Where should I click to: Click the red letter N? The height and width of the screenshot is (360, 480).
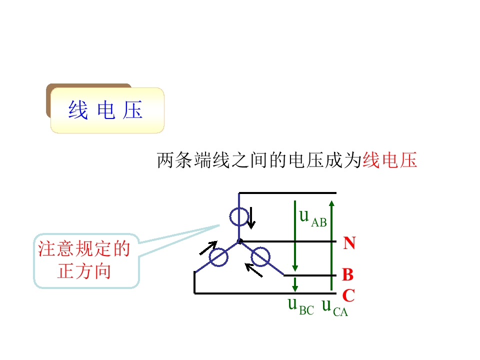click(349, 243)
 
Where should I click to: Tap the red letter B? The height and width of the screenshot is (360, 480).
click(348, 274)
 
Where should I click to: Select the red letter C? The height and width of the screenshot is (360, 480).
click(348, 295)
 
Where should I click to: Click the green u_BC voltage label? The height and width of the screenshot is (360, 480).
click(301, 306)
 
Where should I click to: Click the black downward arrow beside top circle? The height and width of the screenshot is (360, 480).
click(251, 218)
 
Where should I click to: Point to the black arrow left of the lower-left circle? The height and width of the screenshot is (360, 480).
click(208, 247)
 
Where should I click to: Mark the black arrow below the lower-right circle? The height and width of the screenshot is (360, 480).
click(254, 270)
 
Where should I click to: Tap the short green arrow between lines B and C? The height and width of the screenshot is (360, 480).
click(295, 284)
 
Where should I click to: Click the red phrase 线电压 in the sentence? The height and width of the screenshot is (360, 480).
click(389, 160)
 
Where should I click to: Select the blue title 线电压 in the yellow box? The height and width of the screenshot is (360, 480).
click(105, 110)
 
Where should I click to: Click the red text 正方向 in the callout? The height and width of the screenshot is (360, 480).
click(84, 271)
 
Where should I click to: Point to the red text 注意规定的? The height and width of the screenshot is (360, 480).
click(84, 248)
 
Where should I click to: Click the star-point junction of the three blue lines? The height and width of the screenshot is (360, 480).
click(239, 241)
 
